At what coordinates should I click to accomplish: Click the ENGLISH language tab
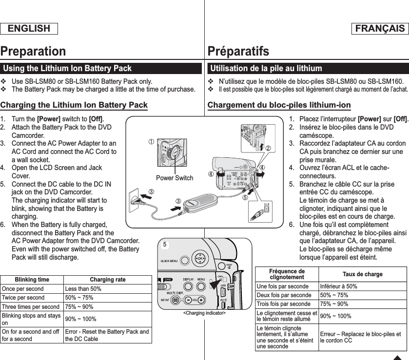pyautogui.click(x=29, y=29)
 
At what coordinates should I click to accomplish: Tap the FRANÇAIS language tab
pyautogui.click(x=379, y=29)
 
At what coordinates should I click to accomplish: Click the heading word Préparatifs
pyautogui.click(x=238, y=51)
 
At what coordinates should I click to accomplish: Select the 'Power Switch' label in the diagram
pyautogui.click(x=175, y=178)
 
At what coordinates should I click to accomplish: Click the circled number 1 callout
pyautogui.click(x=152, y=142)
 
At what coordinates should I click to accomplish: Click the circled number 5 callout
pyautogui.click(x=245, y=197)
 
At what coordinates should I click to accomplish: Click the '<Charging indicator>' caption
pyautogui.click(x=204, y=312)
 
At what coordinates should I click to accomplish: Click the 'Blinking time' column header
pyautogui.click(x=32, y=280)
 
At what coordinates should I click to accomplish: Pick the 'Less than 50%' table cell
pyautogui.click(x=83, y=289)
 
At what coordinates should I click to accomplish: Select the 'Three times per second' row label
pyautogui.click(x=31, y=307)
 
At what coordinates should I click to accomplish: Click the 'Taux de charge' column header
pyautogui.click(x=363, y=274)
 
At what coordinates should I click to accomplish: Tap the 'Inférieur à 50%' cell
pyautogui.click(x=338, y=286)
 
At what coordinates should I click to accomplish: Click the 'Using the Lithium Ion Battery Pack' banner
pyautogui.click(x=68, y=69)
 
